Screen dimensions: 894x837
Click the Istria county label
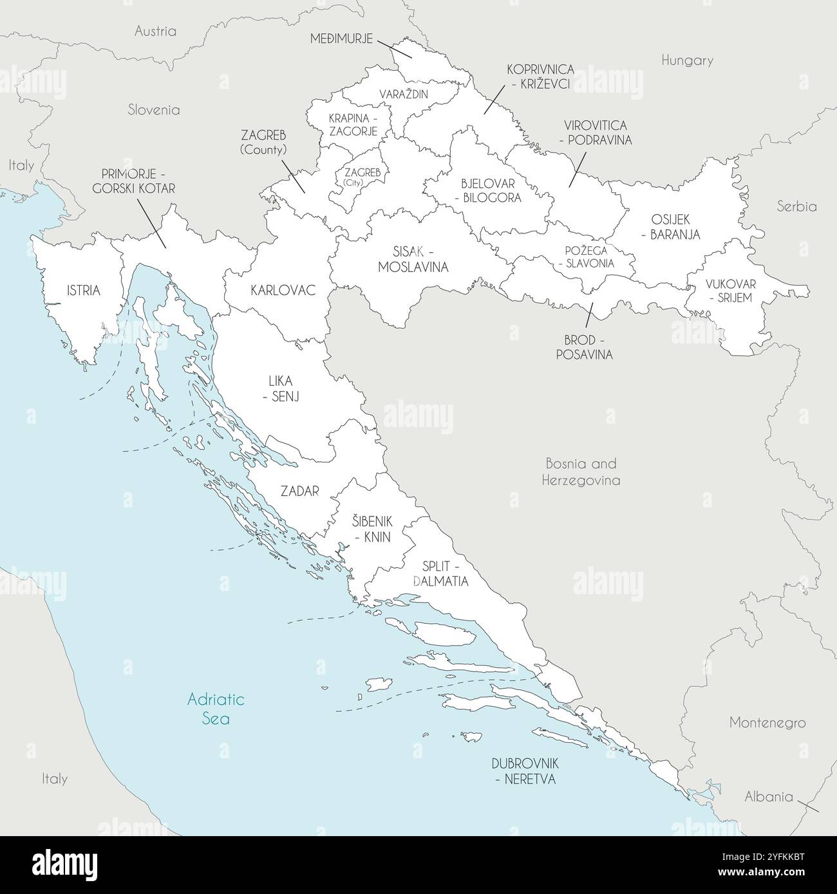(x=83, y=291)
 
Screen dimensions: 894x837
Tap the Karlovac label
(x=283, y=291)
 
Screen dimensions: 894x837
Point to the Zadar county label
(x=299, y=491)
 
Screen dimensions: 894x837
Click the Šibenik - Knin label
(x=371, y=529)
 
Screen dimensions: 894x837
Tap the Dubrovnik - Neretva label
(x=525, y=771)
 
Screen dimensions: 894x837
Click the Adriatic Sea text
(x=216, y=708)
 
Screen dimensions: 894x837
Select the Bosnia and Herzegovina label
(x=581, y=471)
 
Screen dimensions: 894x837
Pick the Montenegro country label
(x=767, y=722)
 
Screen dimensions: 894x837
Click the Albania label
(x=768, y=797)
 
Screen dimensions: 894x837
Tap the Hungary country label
(x=687, y=60)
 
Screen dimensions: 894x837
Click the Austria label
(x=155, y=31)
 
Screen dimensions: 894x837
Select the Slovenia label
(x=153, y=110)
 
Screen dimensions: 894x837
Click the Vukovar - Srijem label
(x=730, y=291)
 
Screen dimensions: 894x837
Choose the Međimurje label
(x=341, y=39)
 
